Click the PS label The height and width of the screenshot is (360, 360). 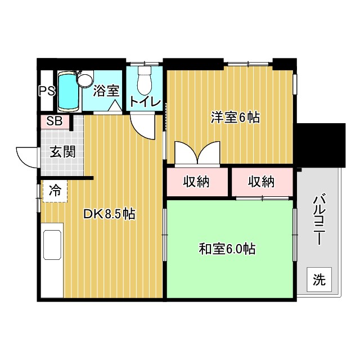click(47, 91)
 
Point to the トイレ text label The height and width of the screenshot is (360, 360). click(145, 103)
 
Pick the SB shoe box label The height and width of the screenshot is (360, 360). click(55, 121)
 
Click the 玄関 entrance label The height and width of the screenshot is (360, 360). click(62, 151)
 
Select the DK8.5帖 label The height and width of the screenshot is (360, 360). click(109, 214)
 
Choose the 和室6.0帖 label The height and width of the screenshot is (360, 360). click(227, 248)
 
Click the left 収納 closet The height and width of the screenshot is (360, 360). click(196, 182)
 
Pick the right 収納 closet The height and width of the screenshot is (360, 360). click(262, 182)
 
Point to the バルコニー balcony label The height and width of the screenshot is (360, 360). click(319, 220)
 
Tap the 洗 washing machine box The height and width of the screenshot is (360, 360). click(319, 278)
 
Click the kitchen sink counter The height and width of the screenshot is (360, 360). click(52, 259)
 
